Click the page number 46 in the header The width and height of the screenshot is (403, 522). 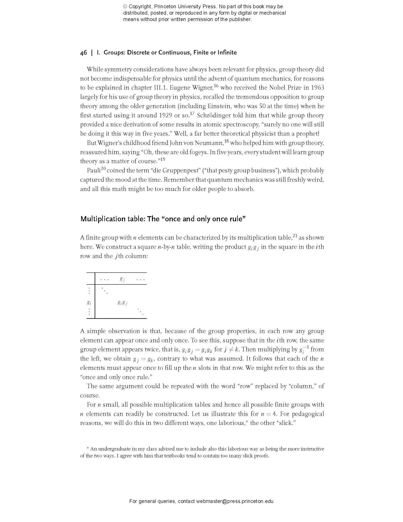(83, 52)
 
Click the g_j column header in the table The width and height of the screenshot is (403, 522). (122, 279)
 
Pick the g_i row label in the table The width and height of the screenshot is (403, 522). (89, 303)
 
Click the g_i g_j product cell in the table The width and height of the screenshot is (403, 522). (122, 303)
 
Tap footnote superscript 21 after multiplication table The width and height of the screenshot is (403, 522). (295, 236)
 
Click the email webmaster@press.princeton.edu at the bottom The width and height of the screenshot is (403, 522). (235, 501)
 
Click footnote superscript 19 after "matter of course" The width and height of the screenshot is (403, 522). (163, 159)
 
